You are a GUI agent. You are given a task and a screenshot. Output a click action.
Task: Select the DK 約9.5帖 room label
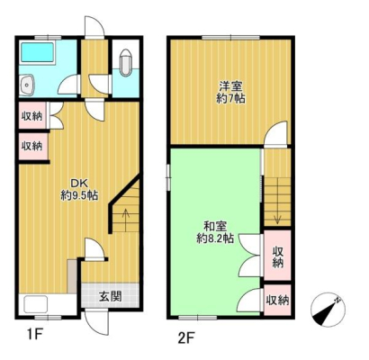[78, 185]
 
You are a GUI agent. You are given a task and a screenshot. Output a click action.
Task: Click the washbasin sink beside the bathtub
[27, 85]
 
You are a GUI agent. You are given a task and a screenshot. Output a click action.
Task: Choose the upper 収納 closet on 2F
[277, 256]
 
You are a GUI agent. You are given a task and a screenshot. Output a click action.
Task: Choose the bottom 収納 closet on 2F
[277, 299]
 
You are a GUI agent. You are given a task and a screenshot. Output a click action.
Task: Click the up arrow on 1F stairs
[124, 216]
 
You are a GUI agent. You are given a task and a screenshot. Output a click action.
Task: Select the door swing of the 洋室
[274, 135]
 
